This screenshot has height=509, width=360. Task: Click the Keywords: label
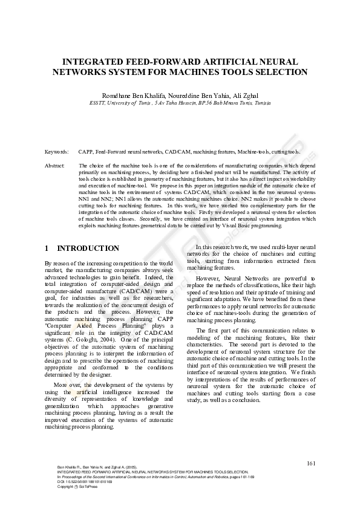coord(56,152)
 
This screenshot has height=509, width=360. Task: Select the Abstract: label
coord(56,165)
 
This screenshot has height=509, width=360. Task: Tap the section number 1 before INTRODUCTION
coord(47,248)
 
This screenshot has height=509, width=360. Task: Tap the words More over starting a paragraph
coord(67,385)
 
